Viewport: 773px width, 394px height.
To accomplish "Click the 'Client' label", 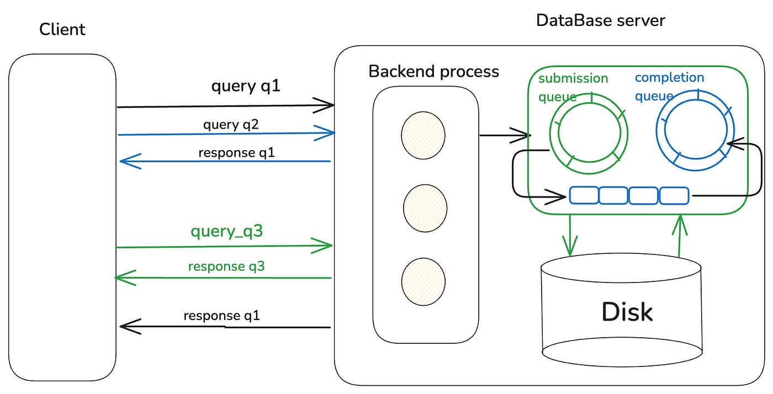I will (x=62, y=29).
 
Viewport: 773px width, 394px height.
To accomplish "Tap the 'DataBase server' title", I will (x=601, y=20).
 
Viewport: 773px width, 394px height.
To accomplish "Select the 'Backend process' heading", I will (x=433, y=72).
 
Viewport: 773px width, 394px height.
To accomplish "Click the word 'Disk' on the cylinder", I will (x=627, y=312).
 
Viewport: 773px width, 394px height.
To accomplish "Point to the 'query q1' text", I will (x=246, y=87).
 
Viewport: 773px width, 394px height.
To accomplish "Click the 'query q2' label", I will (x=231, y=124).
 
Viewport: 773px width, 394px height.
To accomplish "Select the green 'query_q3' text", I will (x=226, y=232).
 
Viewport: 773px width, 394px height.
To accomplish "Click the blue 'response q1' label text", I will (x=237, y=153).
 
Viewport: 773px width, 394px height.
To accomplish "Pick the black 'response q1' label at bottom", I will (x=221, y=316).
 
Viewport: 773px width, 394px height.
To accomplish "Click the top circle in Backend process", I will (x=423, y=135).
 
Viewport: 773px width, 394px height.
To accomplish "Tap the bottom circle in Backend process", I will (x=423, y=281).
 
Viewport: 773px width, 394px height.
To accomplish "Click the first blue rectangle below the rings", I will (x=584, y=195).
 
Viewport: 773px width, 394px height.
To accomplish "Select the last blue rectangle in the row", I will (x=674, y=195).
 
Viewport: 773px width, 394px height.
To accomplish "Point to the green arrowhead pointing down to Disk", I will (x=569, y=246).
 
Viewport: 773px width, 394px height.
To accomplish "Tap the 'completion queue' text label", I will (x=669, y=86).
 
